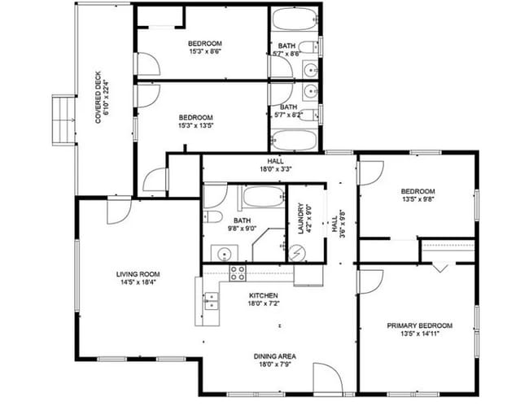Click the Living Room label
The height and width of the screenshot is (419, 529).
pos(138,274)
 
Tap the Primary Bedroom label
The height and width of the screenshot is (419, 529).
pos(419,325)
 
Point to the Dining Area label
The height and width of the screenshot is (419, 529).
pos(274,356)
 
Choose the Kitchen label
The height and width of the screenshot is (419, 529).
pos(263,295)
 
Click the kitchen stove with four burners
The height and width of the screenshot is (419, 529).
pos(238,273)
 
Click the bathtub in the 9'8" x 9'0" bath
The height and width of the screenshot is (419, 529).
pos(260,197)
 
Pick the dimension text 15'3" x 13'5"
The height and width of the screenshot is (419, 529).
pos(195,126)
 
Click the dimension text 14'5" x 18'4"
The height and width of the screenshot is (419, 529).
pos(138,283)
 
